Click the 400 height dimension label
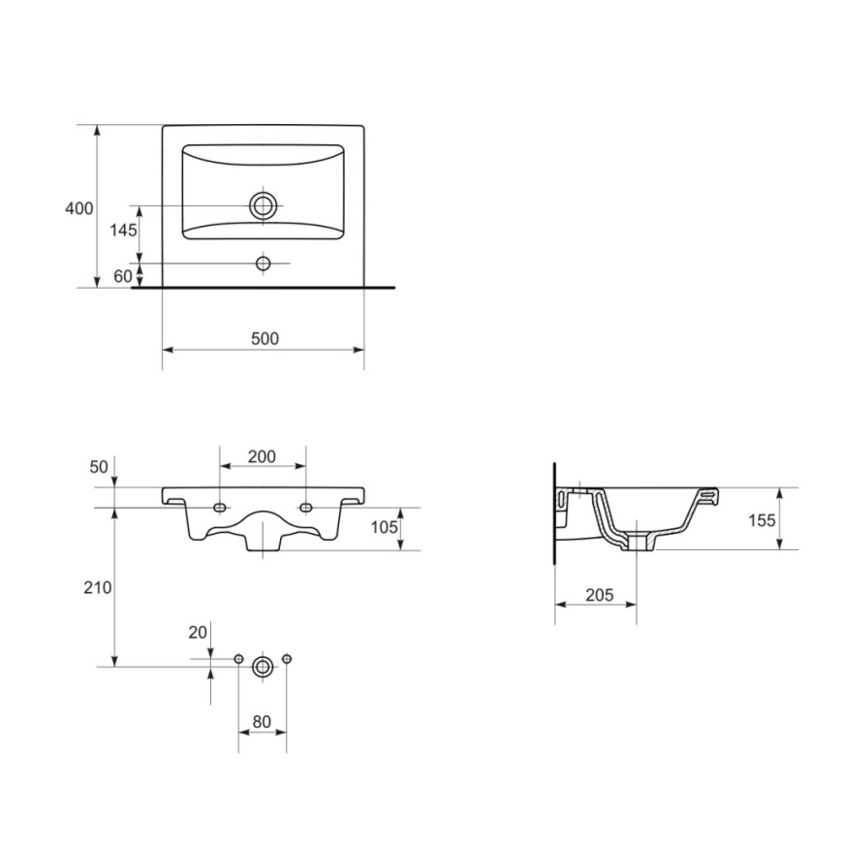[79, 208]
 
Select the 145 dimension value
[123, 231]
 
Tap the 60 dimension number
[123, 276]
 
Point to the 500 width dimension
[264, 338]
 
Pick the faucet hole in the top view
[263, 264]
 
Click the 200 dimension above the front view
[263, 456]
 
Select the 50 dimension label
[99, 467]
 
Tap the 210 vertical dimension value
[99, 587]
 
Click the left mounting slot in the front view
[220, 508]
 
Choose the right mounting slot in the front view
[306, 508]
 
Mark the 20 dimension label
[198, 632]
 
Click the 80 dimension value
[263, 721]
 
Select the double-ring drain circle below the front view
[263, 667]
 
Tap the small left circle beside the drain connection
[238, 659]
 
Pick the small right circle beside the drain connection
[287, 659]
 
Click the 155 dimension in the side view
[763, 520]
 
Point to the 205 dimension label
[599, 595]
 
